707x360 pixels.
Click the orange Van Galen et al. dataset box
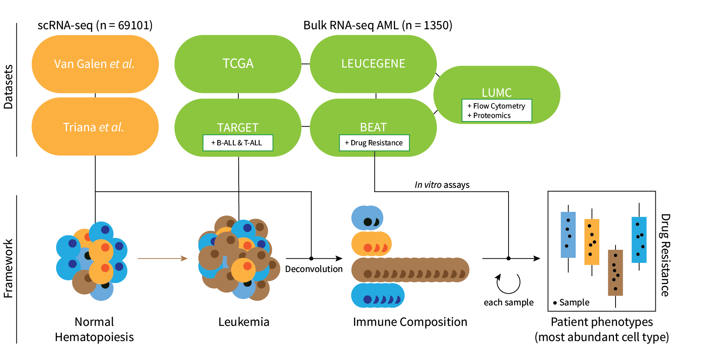(95, 64)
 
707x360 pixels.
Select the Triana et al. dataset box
(95, 127)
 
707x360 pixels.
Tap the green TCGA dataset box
(238, 64)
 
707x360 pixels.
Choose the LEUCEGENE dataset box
(373, 64)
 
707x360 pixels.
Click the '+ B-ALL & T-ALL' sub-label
(238, 143)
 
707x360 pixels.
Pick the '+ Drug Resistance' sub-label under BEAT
(374, 143)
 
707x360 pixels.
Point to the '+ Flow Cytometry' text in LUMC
(496, 106)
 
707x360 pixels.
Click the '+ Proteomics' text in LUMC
(490, 116)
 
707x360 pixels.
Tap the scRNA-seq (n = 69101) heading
(95, 25)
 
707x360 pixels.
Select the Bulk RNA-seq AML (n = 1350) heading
(378, 25)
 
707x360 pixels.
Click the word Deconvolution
(314, 269)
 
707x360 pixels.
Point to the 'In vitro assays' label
(442, 185)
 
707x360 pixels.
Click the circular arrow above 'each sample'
(508, 283)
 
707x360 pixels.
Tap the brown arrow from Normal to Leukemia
(162, 258)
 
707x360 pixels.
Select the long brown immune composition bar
(410, 270)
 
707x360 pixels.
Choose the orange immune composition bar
(372, 244)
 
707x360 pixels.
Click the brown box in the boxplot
(615, 272)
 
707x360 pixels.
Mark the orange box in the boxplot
(592, 242)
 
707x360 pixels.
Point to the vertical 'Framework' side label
(8, 268)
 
